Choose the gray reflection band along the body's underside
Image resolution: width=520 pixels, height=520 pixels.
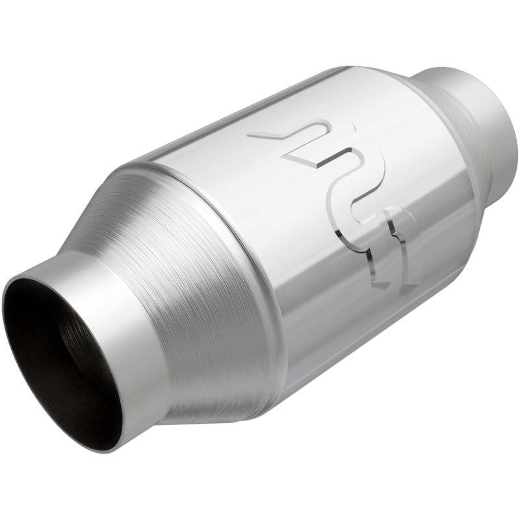click(x=364, y=338)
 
